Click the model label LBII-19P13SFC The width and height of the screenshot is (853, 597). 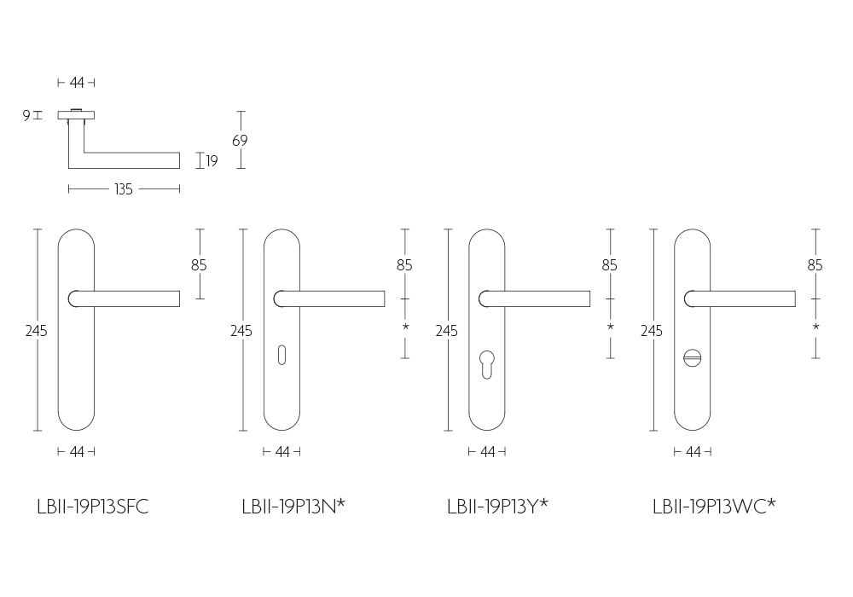[93, 507]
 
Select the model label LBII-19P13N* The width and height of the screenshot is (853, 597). [293, 507]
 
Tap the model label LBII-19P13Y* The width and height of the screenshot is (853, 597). [498, 507]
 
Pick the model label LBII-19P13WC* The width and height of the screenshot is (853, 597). [714, 507]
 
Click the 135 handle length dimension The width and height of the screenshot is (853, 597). [124, 189]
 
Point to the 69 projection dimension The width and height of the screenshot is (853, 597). [240, 140]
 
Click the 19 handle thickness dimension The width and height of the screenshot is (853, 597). [212, 161]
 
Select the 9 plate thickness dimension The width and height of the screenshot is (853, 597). [26, 115]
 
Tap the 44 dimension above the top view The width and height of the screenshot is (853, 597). [77, 83]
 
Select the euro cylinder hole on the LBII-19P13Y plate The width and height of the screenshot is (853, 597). [487, 363]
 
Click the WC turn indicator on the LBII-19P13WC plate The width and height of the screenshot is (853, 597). [692, 358]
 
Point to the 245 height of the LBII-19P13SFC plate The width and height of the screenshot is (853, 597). [37, 331]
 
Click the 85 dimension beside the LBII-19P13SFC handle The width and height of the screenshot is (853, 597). [199, 264]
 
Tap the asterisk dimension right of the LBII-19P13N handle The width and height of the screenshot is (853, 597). [405, 327]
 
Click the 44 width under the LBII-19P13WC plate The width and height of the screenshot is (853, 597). [693, 451]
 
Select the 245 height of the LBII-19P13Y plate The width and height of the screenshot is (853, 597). [447, 331]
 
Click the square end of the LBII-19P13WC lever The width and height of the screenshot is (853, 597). [795, 298]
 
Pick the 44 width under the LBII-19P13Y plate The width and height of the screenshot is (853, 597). [488, 451]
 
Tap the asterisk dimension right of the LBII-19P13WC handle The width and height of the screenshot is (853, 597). [815, 327]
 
